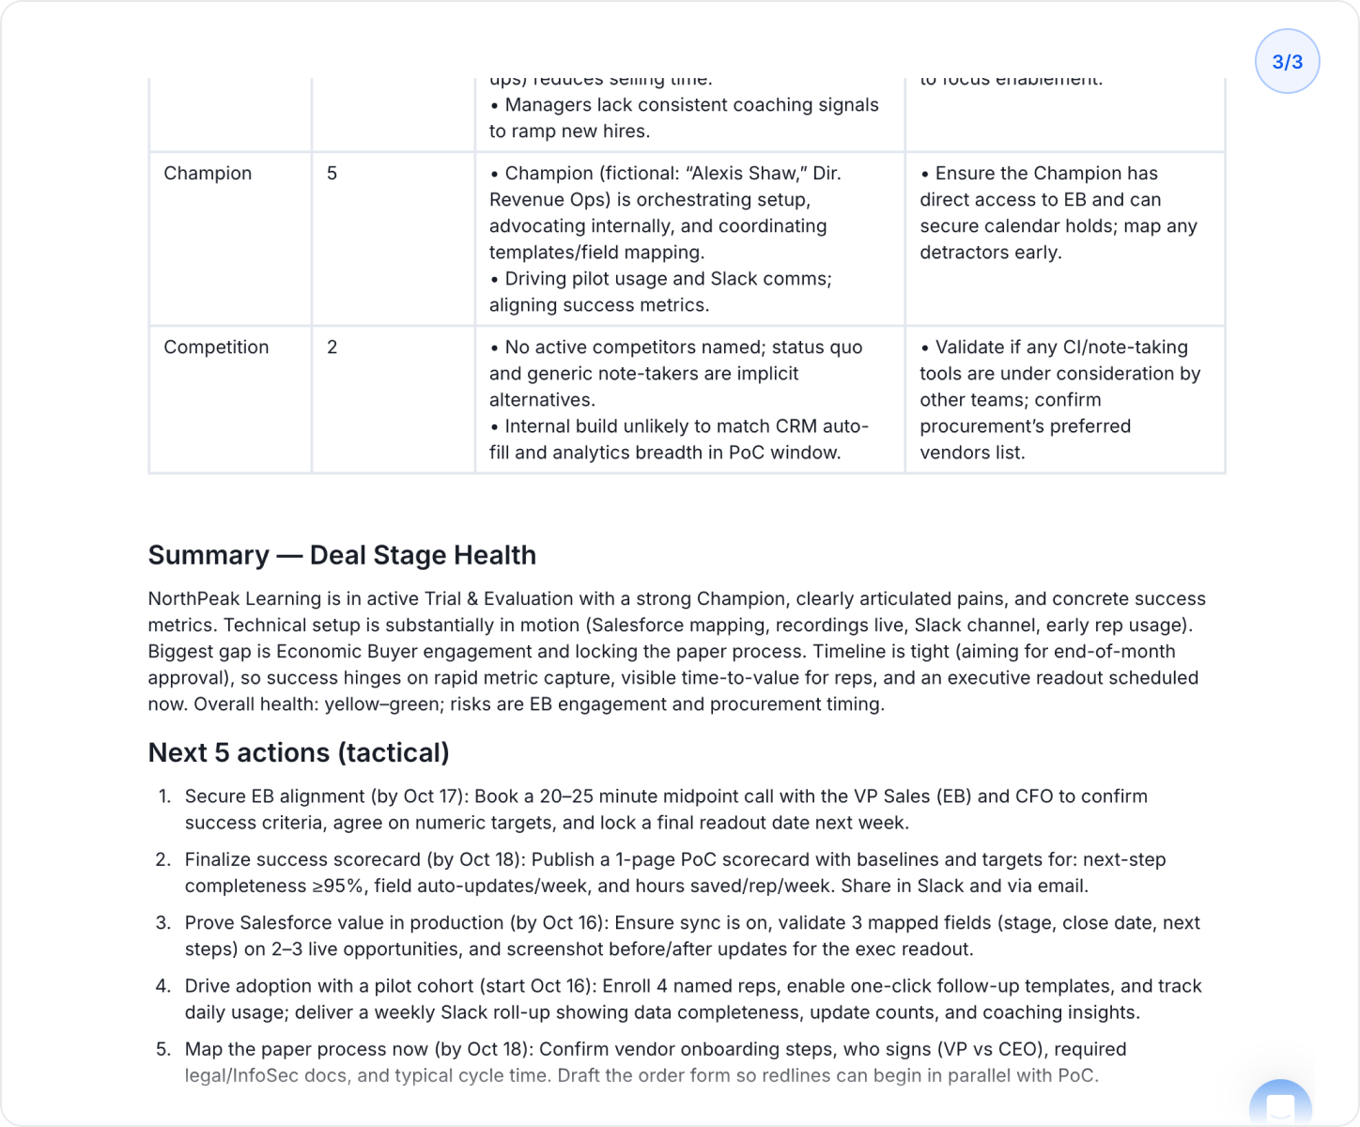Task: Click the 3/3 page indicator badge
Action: (x=1287, y=62)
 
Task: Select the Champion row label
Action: (x=208, y=174)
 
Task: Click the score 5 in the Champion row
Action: (x=332, y=174)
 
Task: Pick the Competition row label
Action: (x=216, y=347)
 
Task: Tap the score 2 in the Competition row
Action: (x=332, y=347)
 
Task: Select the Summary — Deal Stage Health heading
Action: (x=342, y=555)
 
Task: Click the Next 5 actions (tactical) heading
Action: (x=299, y=752)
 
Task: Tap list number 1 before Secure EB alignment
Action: (x=164, y=796)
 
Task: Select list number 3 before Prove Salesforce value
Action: (x=163, y=923)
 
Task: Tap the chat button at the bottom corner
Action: (x=1280, y=1105)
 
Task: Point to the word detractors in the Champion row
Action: (x=963, y=253)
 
